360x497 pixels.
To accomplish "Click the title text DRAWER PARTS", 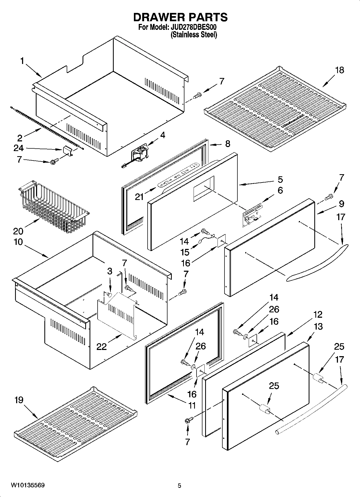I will [180, 17].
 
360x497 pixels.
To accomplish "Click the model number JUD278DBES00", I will [193, 27].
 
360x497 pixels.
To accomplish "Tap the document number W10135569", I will [28, 485].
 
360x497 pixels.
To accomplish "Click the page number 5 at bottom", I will [179, 485].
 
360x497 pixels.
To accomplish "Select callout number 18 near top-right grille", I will [340, 70].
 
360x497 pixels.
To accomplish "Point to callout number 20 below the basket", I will [18, 231].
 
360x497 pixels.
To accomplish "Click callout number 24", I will [19, 148].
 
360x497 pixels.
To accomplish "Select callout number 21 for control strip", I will [139, 197].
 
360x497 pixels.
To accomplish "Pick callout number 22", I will [102, 346].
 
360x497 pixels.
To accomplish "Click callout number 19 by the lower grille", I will [19, 400].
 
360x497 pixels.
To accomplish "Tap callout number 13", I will [318, 327].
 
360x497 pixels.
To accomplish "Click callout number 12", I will [318, 314].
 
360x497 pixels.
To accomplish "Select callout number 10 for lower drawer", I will [18, 242].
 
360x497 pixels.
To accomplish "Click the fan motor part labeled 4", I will [140, 155].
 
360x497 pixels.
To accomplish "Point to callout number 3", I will [109, 271].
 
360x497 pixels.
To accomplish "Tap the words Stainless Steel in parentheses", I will [194, 35].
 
